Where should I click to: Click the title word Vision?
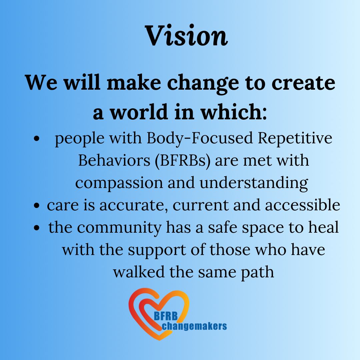(x=186, y=35)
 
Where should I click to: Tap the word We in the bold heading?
(x=41, y=82)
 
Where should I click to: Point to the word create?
(x=303, y=83)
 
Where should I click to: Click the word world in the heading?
(x=139, y=112)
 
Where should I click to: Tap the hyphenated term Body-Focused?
(x=200, y=138)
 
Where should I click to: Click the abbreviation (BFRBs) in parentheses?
(x=183, y=160)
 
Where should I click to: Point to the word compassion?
(x=119, y=183)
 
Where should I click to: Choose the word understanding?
(x=254, y=183)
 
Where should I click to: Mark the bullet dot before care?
(x=37, y=205)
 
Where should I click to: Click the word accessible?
(x=303, y=205)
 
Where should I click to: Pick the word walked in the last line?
(x=139, y=272)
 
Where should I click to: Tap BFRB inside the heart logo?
(x=166, y=316)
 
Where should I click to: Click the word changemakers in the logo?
(x=194, y=326)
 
